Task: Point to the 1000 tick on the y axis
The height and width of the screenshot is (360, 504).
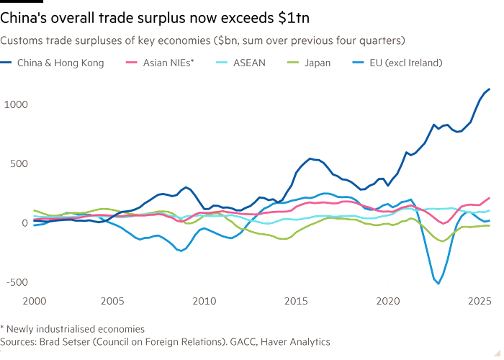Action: tap(15, 104)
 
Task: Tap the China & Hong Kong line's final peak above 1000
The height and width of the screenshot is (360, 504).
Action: tap(490, 89)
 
